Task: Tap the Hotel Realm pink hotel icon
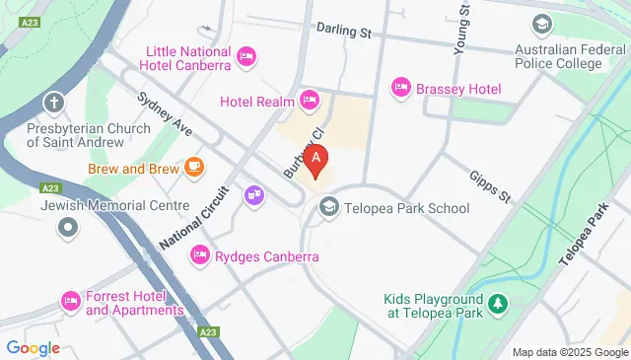(310, 99)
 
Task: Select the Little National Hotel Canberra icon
(246, 58)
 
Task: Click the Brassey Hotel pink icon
(401, 88)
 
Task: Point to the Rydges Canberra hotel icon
(200, 256)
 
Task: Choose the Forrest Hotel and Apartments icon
(70, 300)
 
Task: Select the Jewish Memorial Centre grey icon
(68, 229)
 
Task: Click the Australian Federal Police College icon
(541, 24)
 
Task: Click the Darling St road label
(344, 33)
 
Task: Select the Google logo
(33, 347)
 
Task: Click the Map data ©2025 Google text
(569, 352)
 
